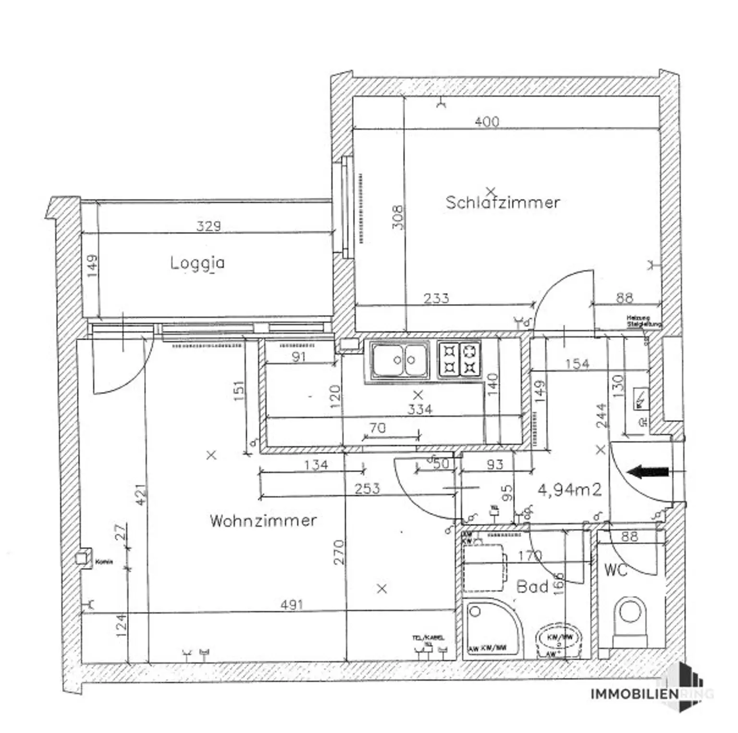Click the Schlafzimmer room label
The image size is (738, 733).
[503, 202]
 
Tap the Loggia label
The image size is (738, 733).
[197, 263]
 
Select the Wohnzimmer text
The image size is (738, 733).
[263, 520]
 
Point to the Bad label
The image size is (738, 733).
[532, 586]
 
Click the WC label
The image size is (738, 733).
[615, 570]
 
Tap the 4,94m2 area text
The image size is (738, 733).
[569, 490]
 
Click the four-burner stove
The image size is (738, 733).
[459, 359]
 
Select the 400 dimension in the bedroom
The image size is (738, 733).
[487, 122]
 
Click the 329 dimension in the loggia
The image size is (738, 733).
[209, 226]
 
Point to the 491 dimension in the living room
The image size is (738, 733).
[292, 604]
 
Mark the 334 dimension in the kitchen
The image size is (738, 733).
[419, 409]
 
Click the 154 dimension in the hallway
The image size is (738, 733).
[577, 364]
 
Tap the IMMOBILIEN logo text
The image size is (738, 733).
[634, 694]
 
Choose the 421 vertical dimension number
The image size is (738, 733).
[140, 494]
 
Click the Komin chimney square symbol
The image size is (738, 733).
[82, 559]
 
